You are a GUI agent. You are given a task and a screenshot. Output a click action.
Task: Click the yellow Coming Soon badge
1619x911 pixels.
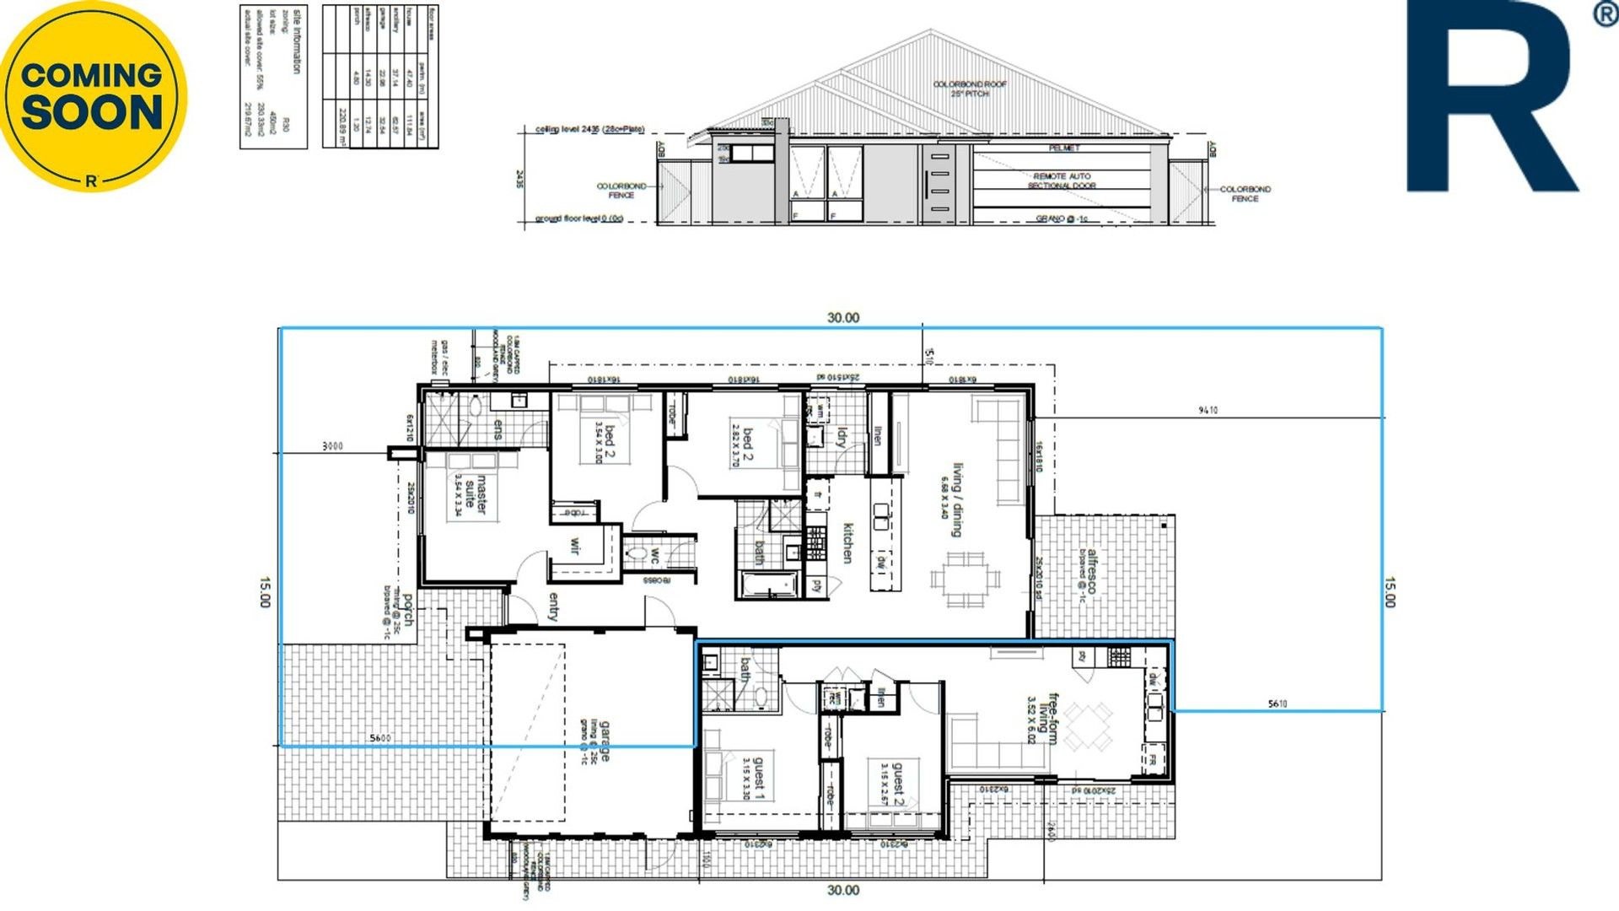pos(93,95)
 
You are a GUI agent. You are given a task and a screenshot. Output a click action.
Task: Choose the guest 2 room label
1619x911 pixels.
pos(898,784)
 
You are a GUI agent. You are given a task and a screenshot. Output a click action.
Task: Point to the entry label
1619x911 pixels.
pos(553,606)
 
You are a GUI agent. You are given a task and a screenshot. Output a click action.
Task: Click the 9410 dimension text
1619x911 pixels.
pos(1208,410)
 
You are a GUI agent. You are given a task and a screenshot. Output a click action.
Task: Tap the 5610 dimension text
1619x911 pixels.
pos(1277,703)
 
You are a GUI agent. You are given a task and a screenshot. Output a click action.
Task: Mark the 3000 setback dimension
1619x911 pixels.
pos(333,445)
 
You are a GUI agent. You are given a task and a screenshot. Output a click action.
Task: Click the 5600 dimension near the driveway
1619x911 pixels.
pos(380,738)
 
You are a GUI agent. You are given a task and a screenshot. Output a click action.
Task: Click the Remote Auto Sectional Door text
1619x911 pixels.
pos(1062,181)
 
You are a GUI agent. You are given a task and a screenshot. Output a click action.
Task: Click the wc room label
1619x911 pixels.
pos(654,557)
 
